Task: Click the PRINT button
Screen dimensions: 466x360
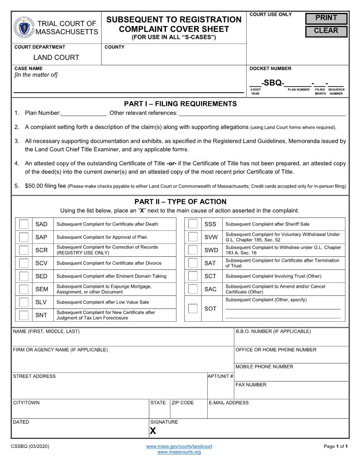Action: click(326, 19)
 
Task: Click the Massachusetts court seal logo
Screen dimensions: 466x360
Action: click(23, 27)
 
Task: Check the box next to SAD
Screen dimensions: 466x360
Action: click(24, 224)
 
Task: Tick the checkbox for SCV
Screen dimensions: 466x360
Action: click(24, 263)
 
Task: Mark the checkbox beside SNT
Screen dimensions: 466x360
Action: click(24, 315)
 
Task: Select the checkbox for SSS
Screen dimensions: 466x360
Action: click(193, 224)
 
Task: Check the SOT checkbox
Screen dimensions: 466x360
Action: click(193, 308)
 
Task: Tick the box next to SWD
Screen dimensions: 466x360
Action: click(193, 250)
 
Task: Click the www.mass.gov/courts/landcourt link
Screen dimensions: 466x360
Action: click(179, 447)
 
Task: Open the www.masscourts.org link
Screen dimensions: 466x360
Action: click(179, 452)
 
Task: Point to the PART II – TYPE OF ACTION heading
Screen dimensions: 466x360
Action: click(180, 202)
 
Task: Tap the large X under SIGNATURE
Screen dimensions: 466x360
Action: click(153, 431)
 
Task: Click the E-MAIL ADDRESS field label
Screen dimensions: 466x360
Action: click(229, 402)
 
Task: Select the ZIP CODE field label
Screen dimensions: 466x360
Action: click(183, 402)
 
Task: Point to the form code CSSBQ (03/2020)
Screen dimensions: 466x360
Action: click(30, 447)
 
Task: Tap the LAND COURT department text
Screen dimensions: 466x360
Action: click(56, 57)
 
